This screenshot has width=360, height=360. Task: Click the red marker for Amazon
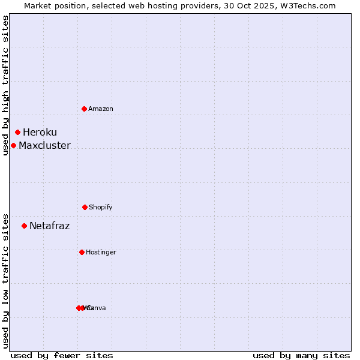tap(85, 109)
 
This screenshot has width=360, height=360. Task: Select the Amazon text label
tap(101, 109)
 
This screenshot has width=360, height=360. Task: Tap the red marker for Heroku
tap(18, 132)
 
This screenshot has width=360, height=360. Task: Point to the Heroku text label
tap(40, 132)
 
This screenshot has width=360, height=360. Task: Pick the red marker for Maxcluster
tap(13, 145)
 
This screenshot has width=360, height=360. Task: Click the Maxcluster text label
tap(44, 145)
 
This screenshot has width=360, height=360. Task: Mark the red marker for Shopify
tap(85, 207)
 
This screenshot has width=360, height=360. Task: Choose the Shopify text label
tap(101, 207)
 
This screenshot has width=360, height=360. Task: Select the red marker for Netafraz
tap(24, 226)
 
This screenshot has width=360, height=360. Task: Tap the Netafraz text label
tap(49, 226)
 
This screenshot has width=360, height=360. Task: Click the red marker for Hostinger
tap(82, 252)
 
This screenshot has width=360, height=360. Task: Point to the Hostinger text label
tap(101, 252)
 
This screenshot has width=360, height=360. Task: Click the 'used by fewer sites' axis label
tap(62, 355)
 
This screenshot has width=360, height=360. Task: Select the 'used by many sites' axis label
tap(301, 355)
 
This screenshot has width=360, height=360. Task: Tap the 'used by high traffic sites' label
tap(6, 85)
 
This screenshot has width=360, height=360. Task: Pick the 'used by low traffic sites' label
tap(6, 281)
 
